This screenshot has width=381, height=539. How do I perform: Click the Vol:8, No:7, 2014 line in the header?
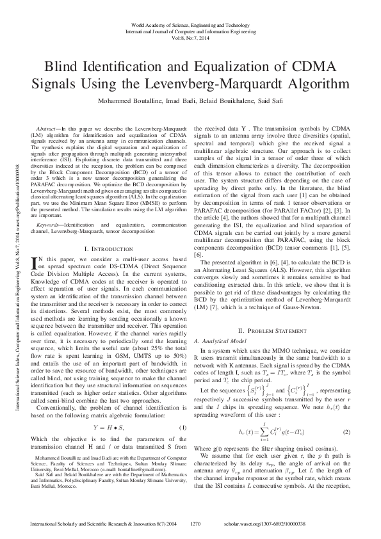coord(190,38)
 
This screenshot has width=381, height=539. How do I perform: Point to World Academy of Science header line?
coord(190,24)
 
